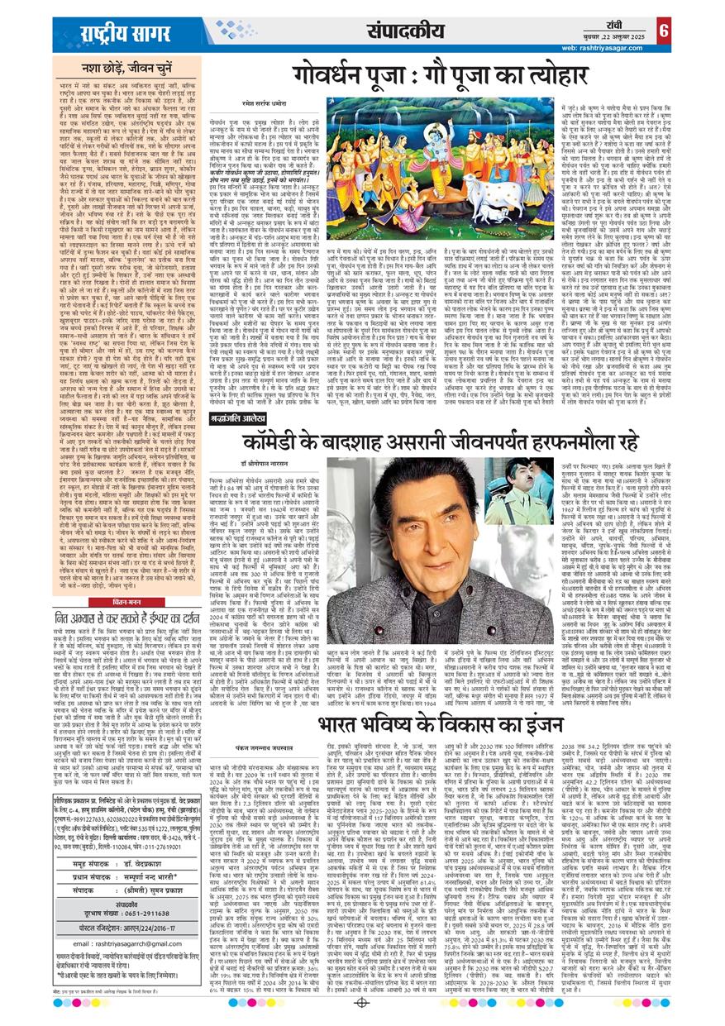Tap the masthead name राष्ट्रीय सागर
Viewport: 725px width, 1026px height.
point(110,34)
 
